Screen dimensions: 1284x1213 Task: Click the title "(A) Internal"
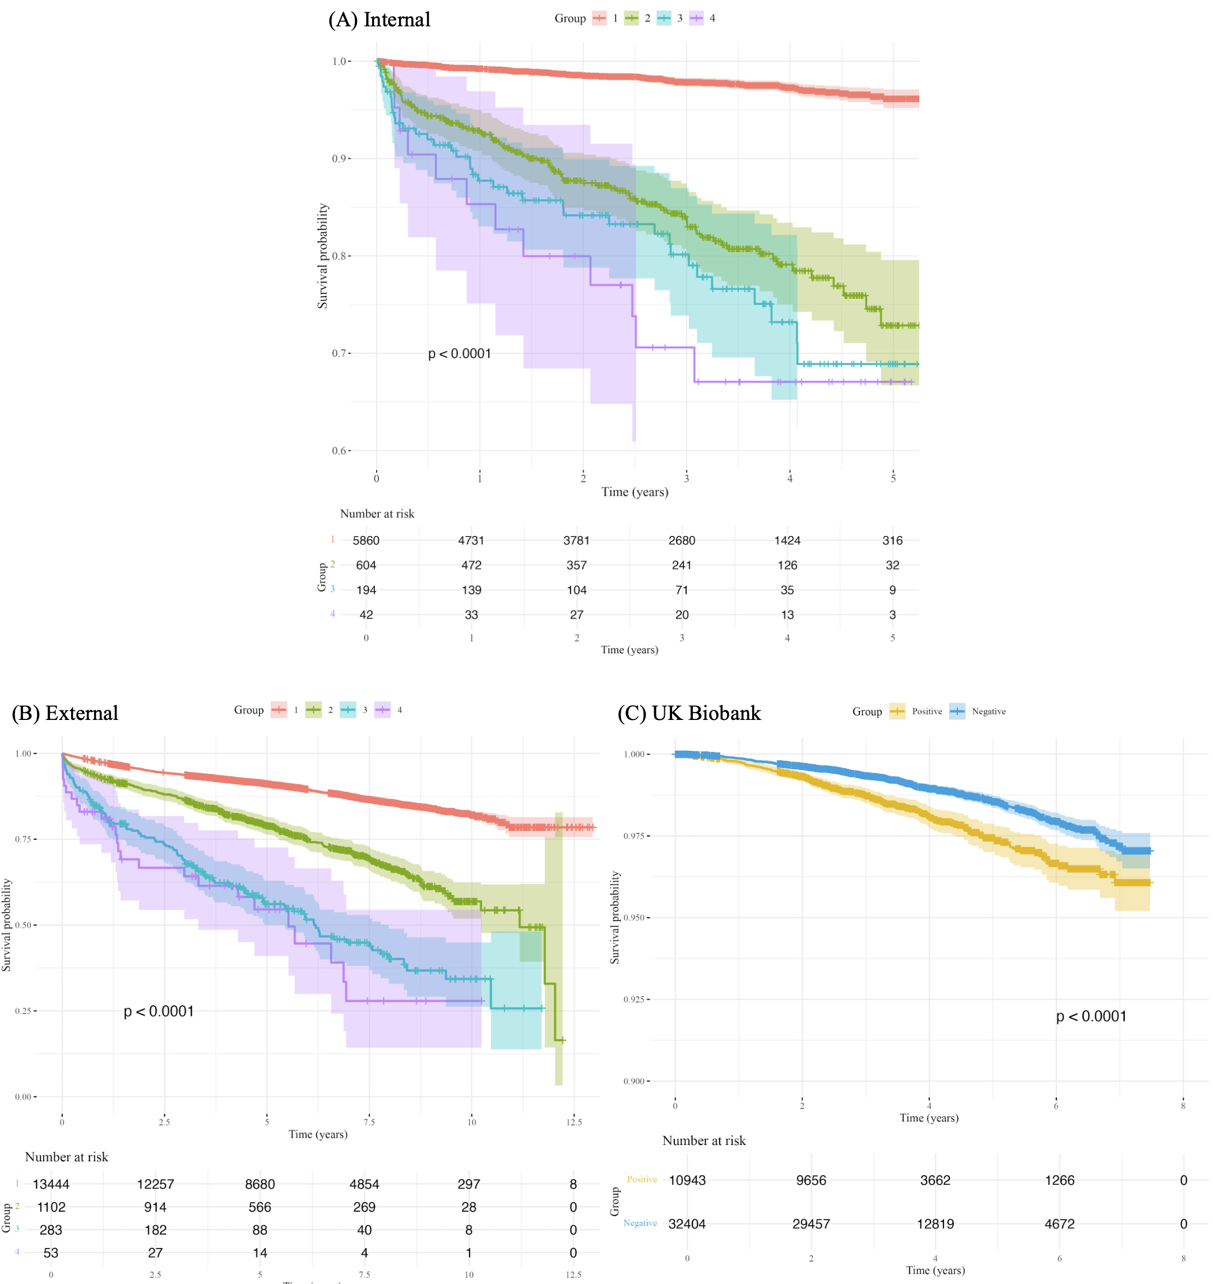379,20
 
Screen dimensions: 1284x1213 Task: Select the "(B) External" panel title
66,713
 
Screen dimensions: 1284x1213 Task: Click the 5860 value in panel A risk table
366,540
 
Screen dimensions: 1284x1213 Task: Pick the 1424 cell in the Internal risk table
787,540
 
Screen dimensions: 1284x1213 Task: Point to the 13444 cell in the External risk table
51,1184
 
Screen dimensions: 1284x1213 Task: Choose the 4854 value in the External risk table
364,1184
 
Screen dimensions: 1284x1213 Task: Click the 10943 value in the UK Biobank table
687,1180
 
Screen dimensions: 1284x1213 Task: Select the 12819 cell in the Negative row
935,1223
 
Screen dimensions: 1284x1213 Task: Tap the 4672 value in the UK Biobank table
1059,1223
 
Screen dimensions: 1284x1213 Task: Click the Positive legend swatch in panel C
897,711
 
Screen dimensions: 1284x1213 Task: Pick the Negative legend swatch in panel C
957,711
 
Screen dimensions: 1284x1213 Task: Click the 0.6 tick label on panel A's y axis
340,450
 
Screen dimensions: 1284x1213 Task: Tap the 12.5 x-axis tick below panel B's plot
573,1121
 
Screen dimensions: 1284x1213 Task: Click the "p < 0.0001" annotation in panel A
459,354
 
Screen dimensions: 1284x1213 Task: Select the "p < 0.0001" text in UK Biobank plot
1091,1016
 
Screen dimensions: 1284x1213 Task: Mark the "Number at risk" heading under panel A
377,514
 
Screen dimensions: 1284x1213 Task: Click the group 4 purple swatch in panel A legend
696,18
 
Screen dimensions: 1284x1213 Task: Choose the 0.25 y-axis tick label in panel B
24,1010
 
